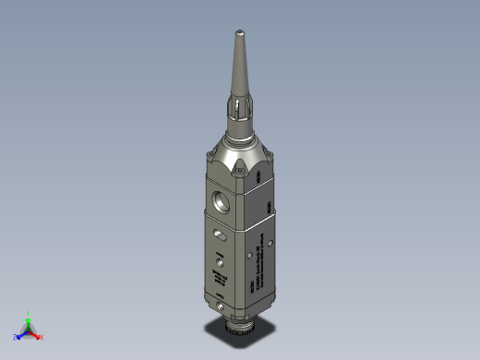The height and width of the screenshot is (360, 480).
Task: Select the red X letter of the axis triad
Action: click(x=42, y=337)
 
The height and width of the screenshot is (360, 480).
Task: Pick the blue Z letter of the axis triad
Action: click(x=17, y=337)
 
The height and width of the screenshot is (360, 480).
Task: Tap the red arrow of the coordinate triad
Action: click(x=35, y=333)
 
